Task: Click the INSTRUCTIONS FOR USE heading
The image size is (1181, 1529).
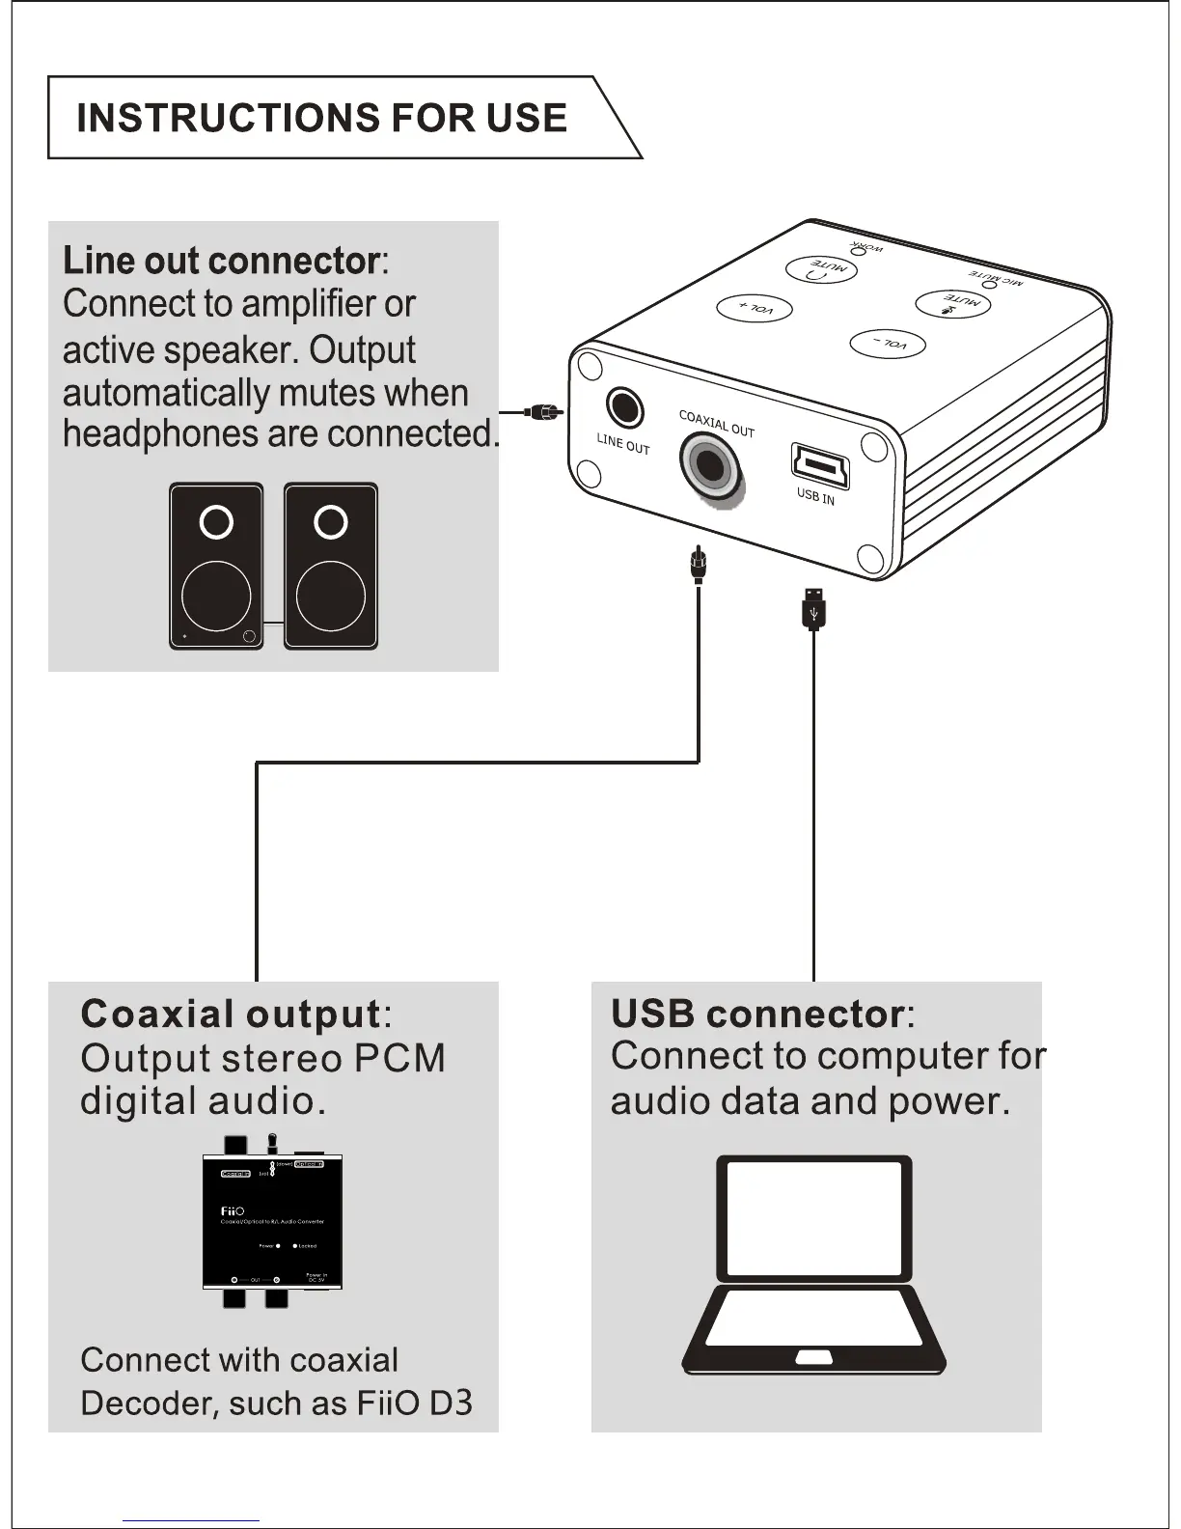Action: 321,118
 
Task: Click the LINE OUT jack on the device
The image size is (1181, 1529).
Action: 624,407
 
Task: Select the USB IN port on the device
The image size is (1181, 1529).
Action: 820,464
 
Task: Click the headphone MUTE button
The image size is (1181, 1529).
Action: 821,269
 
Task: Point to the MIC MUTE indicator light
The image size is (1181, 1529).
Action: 988,284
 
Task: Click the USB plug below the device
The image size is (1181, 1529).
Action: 813,607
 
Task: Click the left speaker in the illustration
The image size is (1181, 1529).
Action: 216,566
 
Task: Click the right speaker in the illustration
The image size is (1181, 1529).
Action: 331,566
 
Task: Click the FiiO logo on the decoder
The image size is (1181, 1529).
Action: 233,1210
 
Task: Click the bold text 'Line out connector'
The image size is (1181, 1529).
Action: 221,261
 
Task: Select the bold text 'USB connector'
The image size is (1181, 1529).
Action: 757,1014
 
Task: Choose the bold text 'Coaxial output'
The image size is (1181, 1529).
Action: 231,1014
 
